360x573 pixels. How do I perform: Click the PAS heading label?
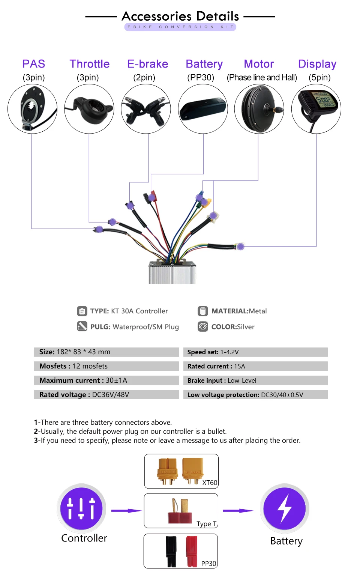(x=34, y=64)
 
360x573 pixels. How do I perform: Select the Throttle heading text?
(x=89, y=64)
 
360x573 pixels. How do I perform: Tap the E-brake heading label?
(x=147, y=64)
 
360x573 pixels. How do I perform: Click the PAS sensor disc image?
(x=32, y=108)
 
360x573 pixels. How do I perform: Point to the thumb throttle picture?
(x=89, y=108)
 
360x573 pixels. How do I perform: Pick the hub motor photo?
(x=259, y=108)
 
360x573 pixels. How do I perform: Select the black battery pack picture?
(x=203, y=108)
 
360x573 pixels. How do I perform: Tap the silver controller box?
(x=172, y=272)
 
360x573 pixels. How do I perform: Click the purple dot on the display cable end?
(x=241, y=247)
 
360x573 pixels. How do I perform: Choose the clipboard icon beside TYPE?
(x=82, y=311)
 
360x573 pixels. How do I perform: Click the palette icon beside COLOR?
(x=203, y=326)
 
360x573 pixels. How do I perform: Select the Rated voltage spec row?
(x=106, y=395)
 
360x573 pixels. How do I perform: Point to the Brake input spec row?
(x=255, y=380)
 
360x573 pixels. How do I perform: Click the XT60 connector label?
(x=210, y=483)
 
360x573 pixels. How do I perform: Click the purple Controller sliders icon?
(x=81, y=508)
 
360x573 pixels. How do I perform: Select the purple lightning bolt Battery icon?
(x=285, y=508)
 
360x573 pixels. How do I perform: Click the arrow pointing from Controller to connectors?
(x=126, y=511)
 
